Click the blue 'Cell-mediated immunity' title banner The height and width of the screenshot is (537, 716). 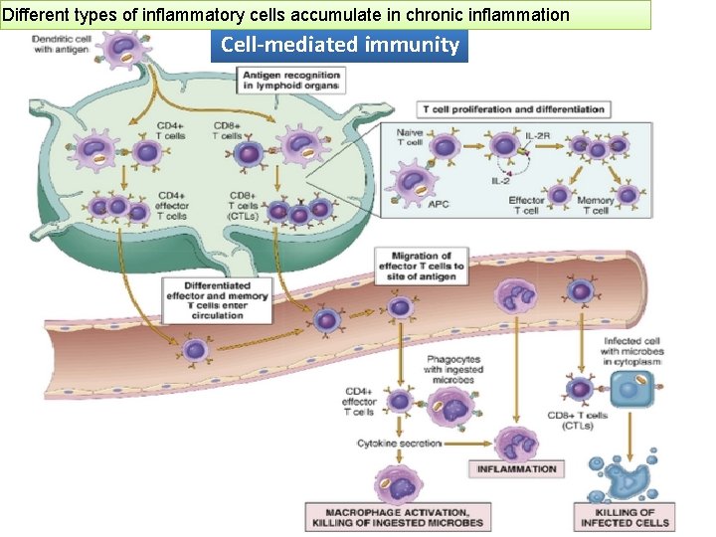[x=339, y=45]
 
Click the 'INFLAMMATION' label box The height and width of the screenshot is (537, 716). [x=516, y=468]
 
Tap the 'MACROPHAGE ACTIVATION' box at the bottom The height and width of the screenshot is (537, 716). [x=398, y=517]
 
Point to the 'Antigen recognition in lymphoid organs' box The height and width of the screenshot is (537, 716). [x=290, y=81]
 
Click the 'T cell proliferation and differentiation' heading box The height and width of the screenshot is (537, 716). [x=513, y=108]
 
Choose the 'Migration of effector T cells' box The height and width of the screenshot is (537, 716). [x=421, y=267]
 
